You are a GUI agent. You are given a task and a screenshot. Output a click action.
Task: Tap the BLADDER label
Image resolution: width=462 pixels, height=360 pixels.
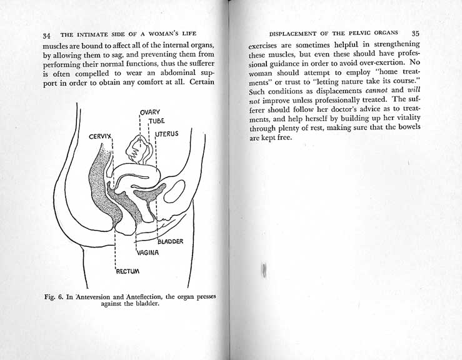pos(169,242)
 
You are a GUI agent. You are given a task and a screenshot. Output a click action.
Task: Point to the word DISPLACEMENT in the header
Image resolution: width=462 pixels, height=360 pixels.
pos(297,32)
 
